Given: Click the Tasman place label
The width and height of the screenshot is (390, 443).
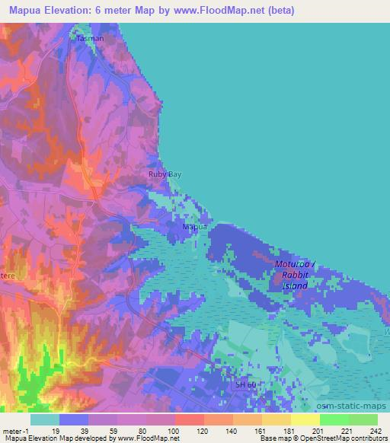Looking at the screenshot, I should (x=90, y=37).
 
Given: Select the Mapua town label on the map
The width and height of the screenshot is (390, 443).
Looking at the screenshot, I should (x=194, y=226).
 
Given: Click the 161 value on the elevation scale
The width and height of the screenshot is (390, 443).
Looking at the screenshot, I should (x=261, y=431).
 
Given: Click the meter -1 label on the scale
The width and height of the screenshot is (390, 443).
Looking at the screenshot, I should (x=16, y=431).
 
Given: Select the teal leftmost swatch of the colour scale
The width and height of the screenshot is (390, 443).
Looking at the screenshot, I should (x=45, y=419).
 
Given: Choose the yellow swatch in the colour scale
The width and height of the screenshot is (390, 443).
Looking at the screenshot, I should (x=305, y=419).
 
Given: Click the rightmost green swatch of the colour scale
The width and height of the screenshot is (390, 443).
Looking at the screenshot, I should (x=363, y=419).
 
